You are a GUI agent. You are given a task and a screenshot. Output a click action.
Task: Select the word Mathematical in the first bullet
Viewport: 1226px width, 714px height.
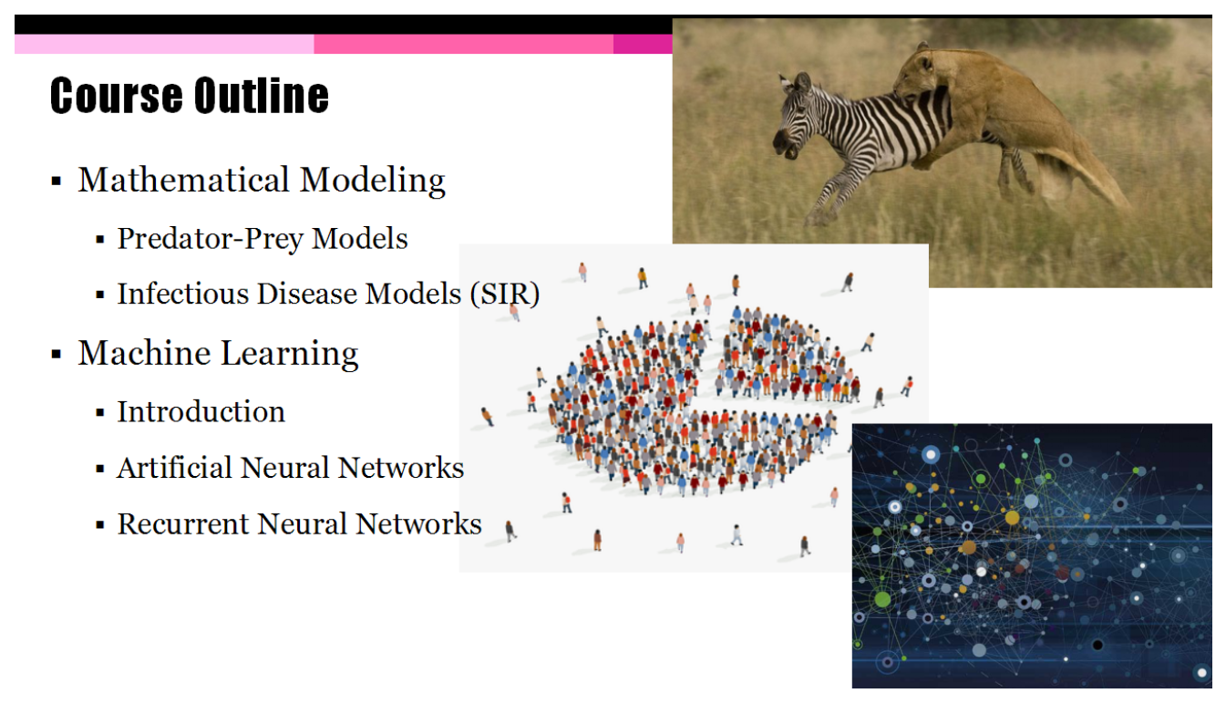(183, 180)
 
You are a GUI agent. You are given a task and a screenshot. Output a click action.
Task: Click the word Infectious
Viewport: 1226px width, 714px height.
(183, 294)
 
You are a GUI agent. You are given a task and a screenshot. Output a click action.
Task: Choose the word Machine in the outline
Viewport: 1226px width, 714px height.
(144, 352)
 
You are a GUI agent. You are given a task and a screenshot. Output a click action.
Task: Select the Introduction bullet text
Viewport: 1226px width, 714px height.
(201, 412)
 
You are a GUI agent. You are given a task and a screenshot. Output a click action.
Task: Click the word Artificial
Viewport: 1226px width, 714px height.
(175, 468)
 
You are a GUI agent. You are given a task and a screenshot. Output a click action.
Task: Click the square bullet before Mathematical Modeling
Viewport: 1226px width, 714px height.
(56, 181)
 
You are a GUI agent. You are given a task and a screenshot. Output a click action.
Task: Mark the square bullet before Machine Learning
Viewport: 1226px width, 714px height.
(56, 354)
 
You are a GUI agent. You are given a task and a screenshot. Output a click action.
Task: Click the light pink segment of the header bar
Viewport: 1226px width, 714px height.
(164, 44)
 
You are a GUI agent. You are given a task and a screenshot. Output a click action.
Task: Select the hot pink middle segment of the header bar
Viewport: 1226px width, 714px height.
(464, 44)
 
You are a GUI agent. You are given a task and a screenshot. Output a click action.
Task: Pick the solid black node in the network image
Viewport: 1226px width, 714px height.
(1097, 645)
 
